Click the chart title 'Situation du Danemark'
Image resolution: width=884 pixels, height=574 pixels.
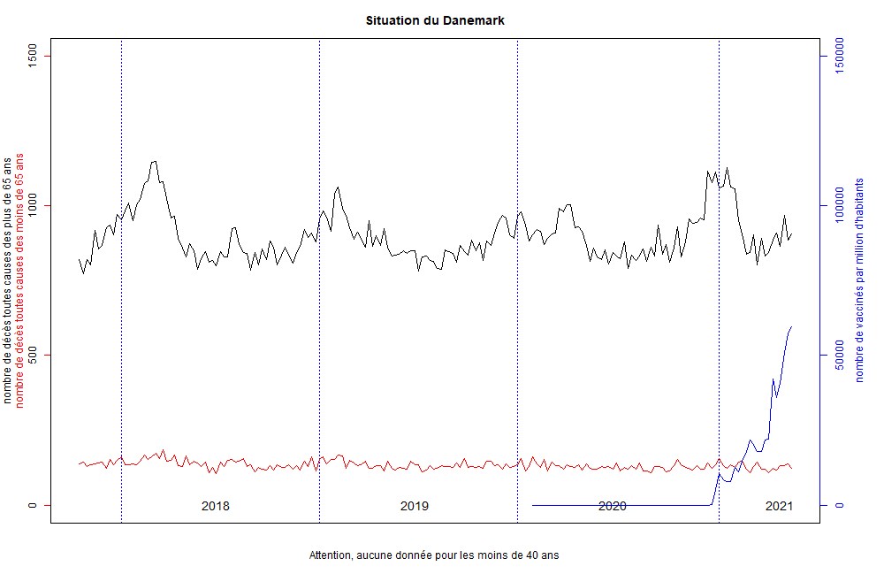pyautogui.click(x=435, y=20)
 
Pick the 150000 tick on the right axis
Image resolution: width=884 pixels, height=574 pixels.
pyautogui.click(x=841, y=56)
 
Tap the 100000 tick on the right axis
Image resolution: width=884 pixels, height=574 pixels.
pyautogui.click(x=841, y=205)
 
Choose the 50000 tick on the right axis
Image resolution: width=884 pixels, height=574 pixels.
pyautogui.click(x=841, y=355)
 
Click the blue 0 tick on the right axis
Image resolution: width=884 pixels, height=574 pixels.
pyautogui.click(x=841, y=505)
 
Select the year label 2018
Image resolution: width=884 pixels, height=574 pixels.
pyautogui.click(x=216, y=506)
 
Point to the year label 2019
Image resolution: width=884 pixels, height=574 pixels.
pyautogui.click(x=415, y=506)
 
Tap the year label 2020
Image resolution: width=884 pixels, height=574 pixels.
pyautogui.click(x=612, y=506)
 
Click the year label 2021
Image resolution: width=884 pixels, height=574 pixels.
pyautogui.click(x=779, y=506)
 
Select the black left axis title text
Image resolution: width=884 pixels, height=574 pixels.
pyautogui.click(x=8, y=280)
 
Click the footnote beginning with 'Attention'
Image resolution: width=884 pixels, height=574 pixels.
pyautogui.click(x=434, y=556)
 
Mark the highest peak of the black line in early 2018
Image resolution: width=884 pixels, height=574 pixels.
pyautogui.click(x=155, y=161)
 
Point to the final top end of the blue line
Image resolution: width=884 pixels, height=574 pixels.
pyautogui.click(x=792, y=326)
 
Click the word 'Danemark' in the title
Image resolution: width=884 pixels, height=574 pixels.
pyautogui.click(x=475, y=20)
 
